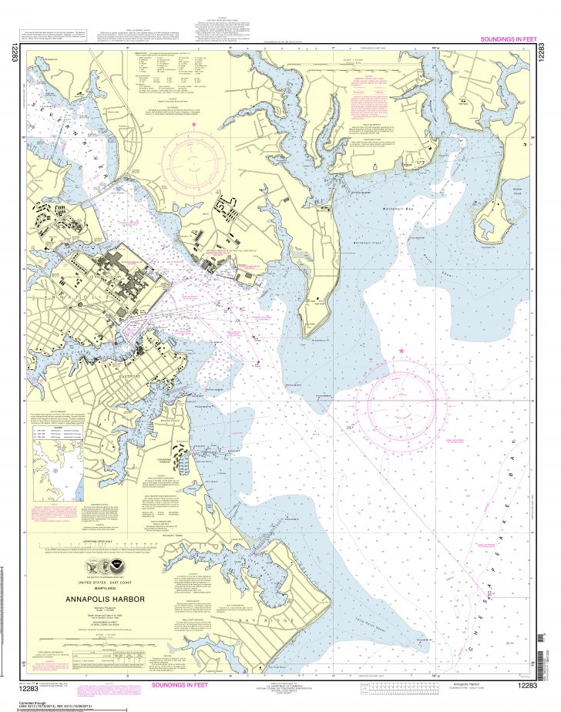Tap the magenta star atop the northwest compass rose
(x=194, y=124)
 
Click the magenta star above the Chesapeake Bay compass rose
(x=401, y=351)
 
